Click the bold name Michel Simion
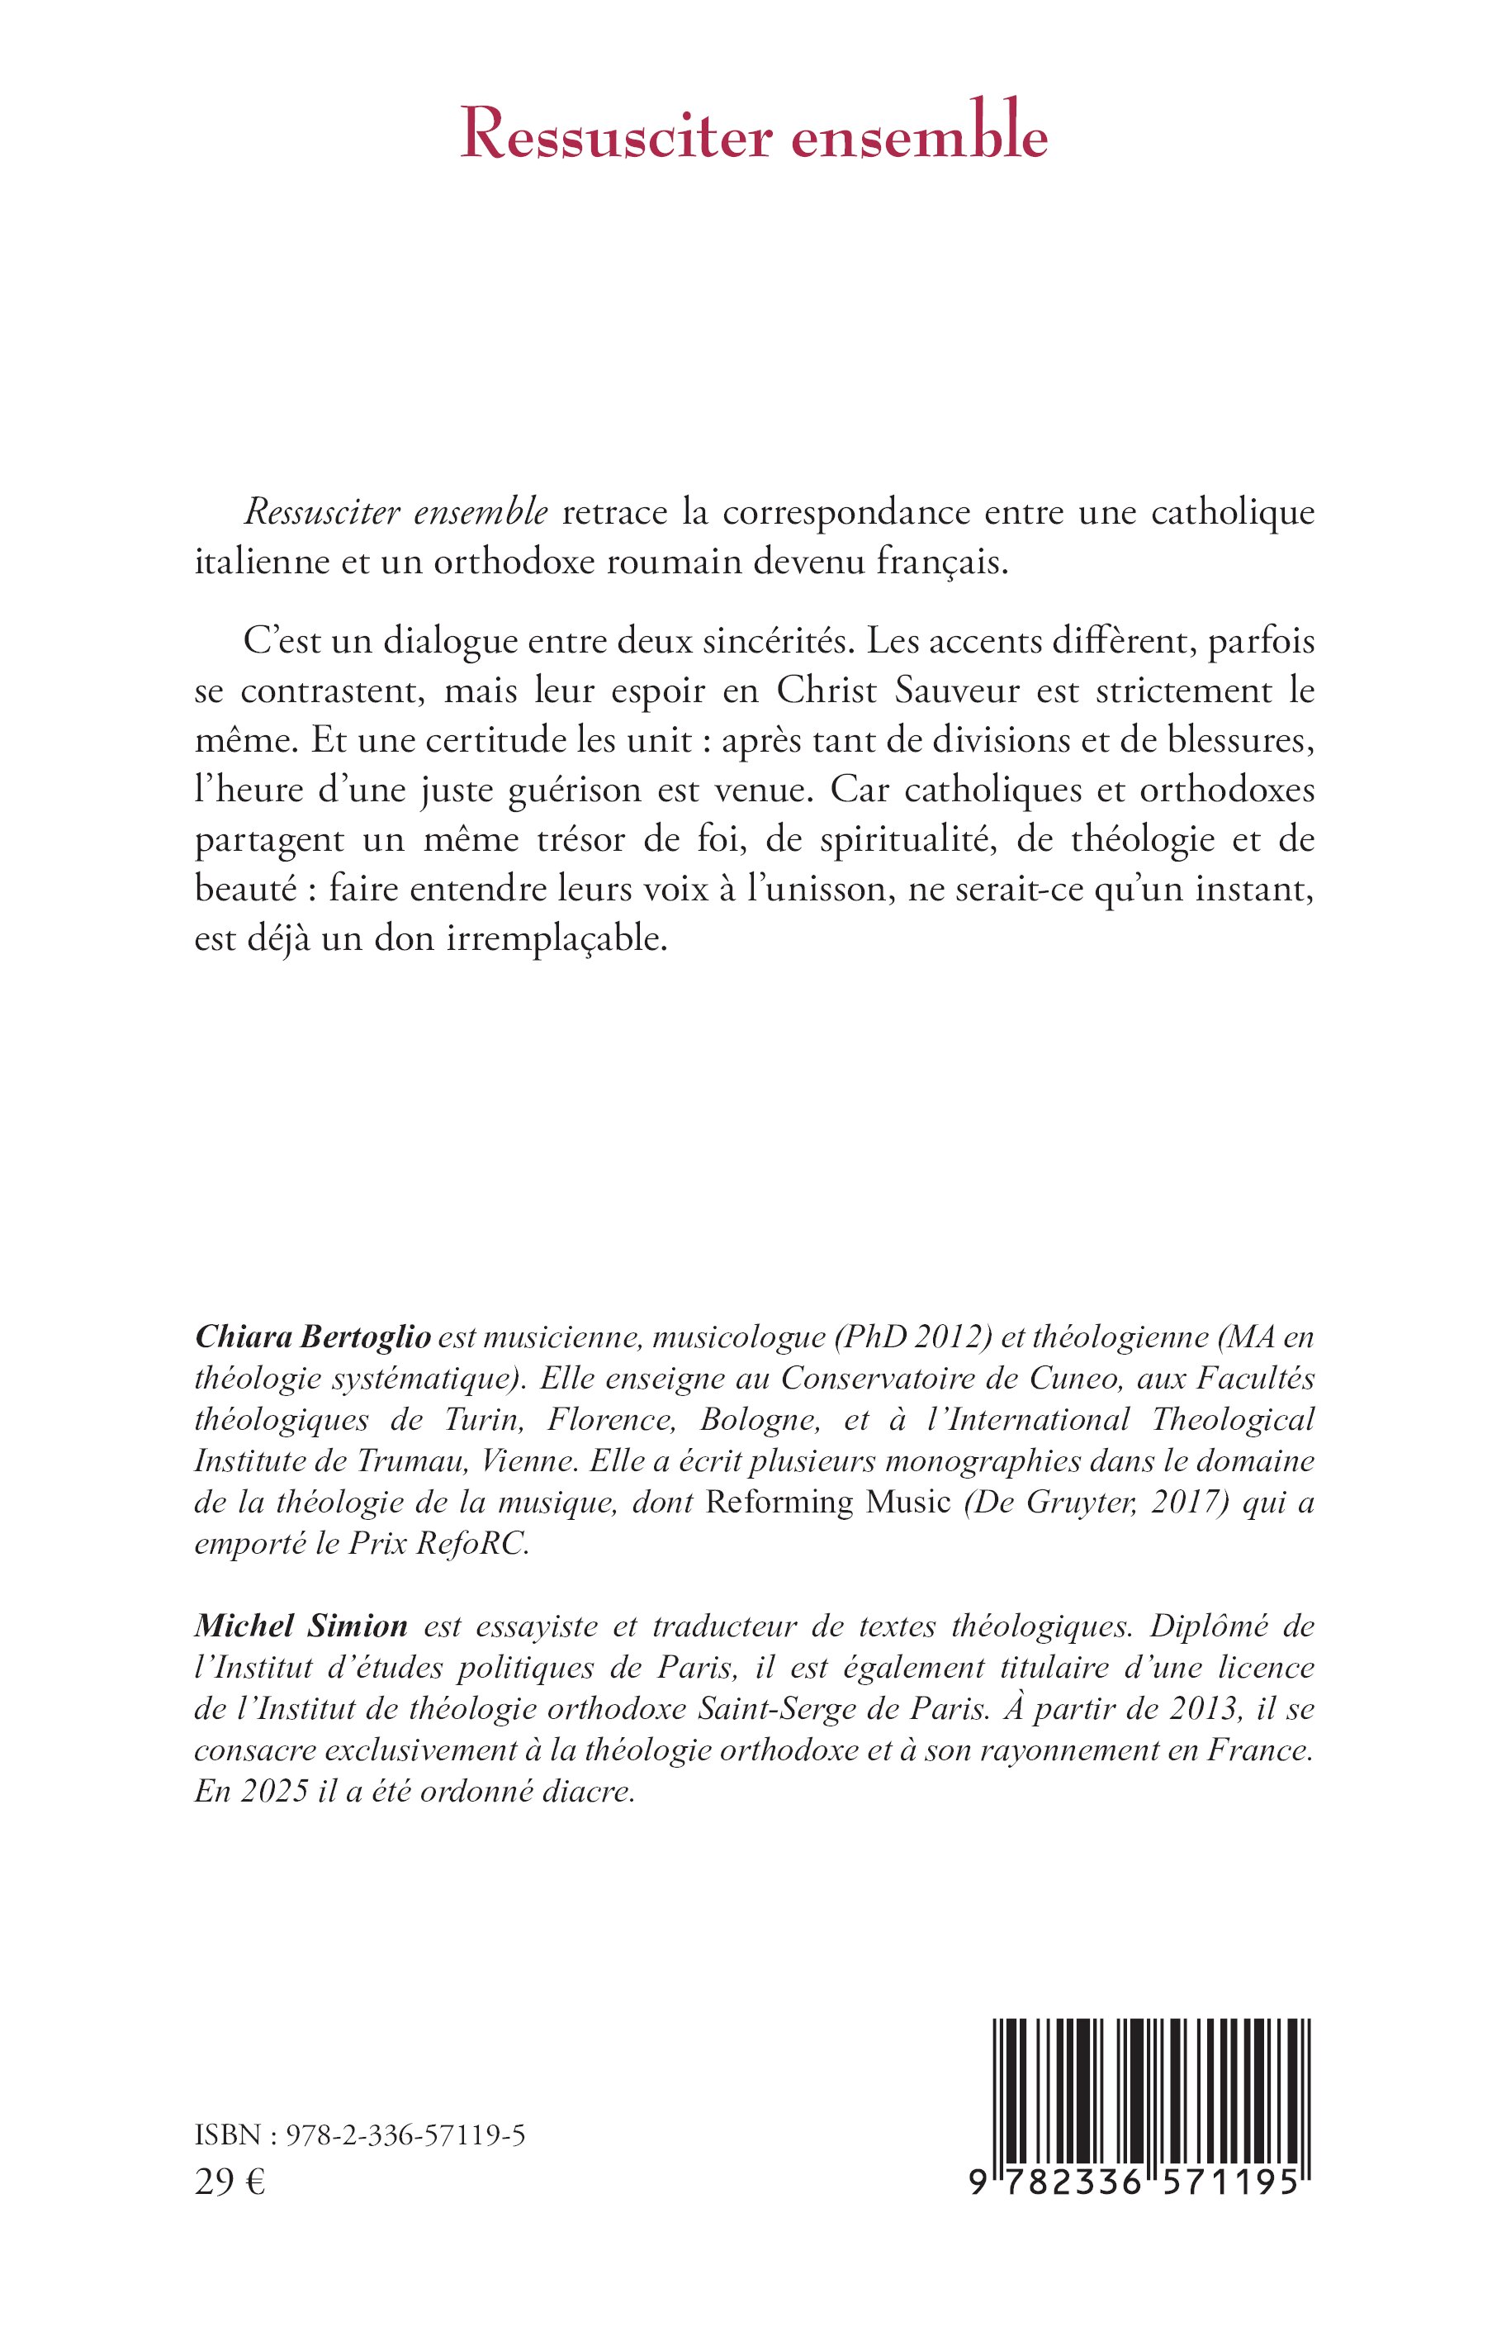tap(301, 1626)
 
